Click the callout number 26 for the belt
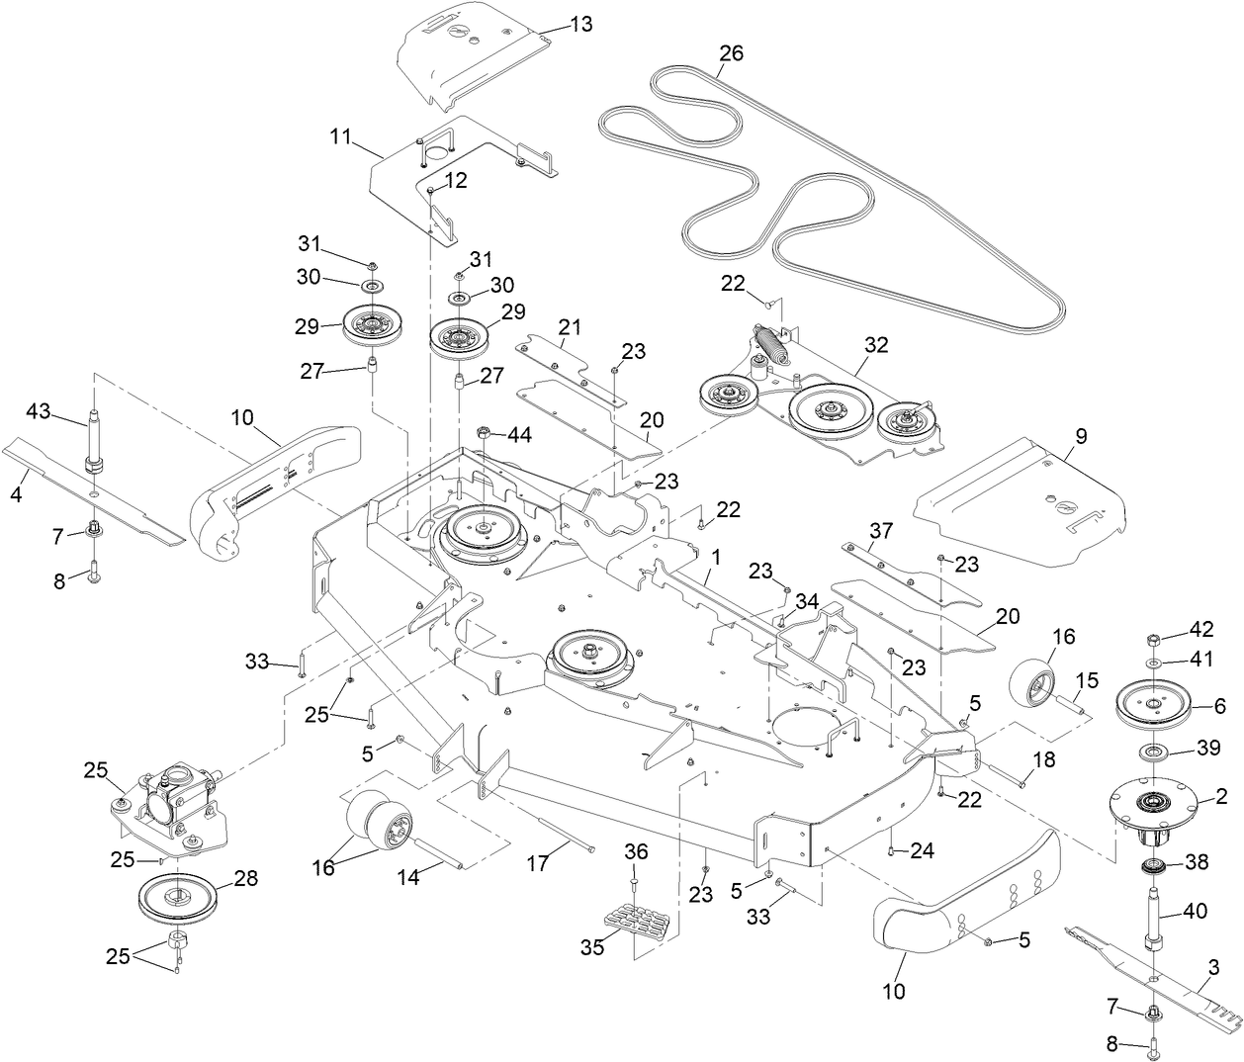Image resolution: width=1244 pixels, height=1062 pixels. click(731, 53)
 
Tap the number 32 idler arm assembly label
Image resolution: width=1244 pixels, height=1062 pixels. click(876, 345)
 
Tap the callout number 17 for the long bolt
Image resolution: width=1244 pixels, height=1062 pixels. click(537, 863)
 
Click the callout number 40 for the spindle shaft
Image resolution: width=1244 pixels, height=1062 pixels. click(1195, 912)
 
